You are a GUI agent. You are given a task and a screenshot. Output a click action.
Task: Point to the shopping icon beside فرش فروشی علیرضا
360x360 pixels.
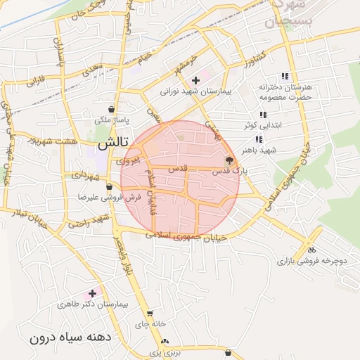109,188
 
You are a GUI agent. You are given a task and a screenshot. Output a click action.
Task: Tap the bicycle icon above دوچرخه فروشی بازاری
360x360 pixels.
311,250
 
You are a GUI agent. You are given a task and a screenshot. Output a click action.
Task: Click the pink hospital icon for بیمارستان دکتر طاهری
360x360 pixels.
91,292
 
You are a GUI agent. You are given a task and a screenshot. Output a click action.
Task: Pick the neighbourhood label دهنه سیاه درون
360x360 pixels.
71,337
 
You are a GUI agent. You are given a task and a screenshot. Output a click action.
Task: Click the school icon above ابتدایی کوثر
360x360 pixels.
263,115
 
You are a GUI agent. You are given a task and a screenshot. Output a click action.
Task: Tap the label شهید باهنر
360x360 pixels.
257,150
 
